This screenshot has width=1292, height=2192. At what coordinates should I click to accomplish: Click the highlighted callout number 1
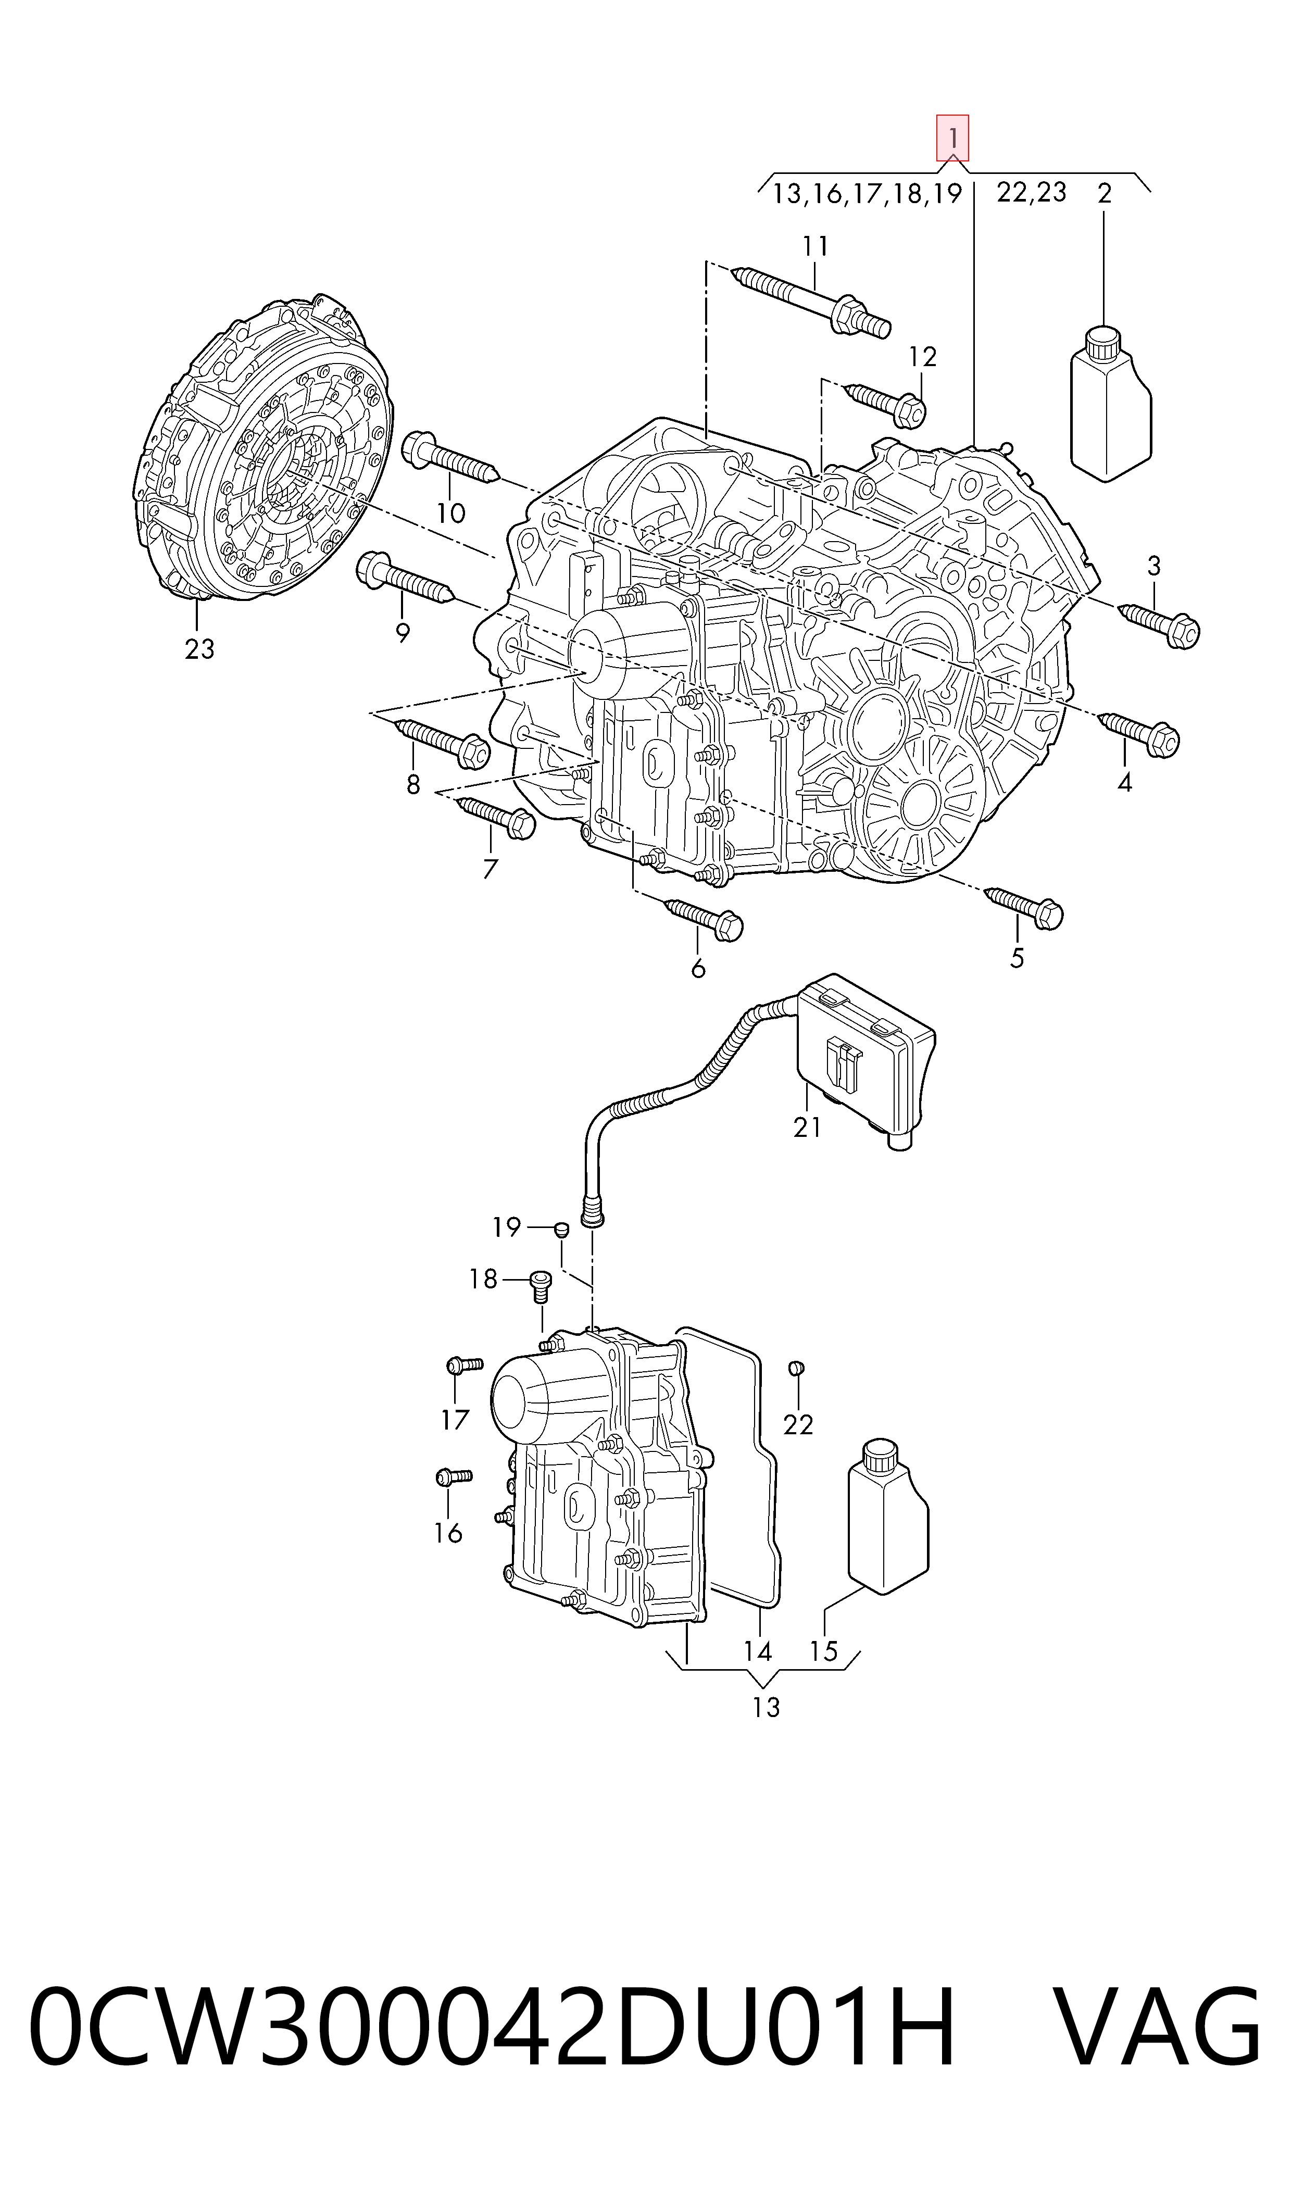click(x=952, y=137)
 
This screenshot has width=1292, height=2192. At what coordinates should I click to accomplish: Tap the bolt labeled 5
click(x=1024, y=908)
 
